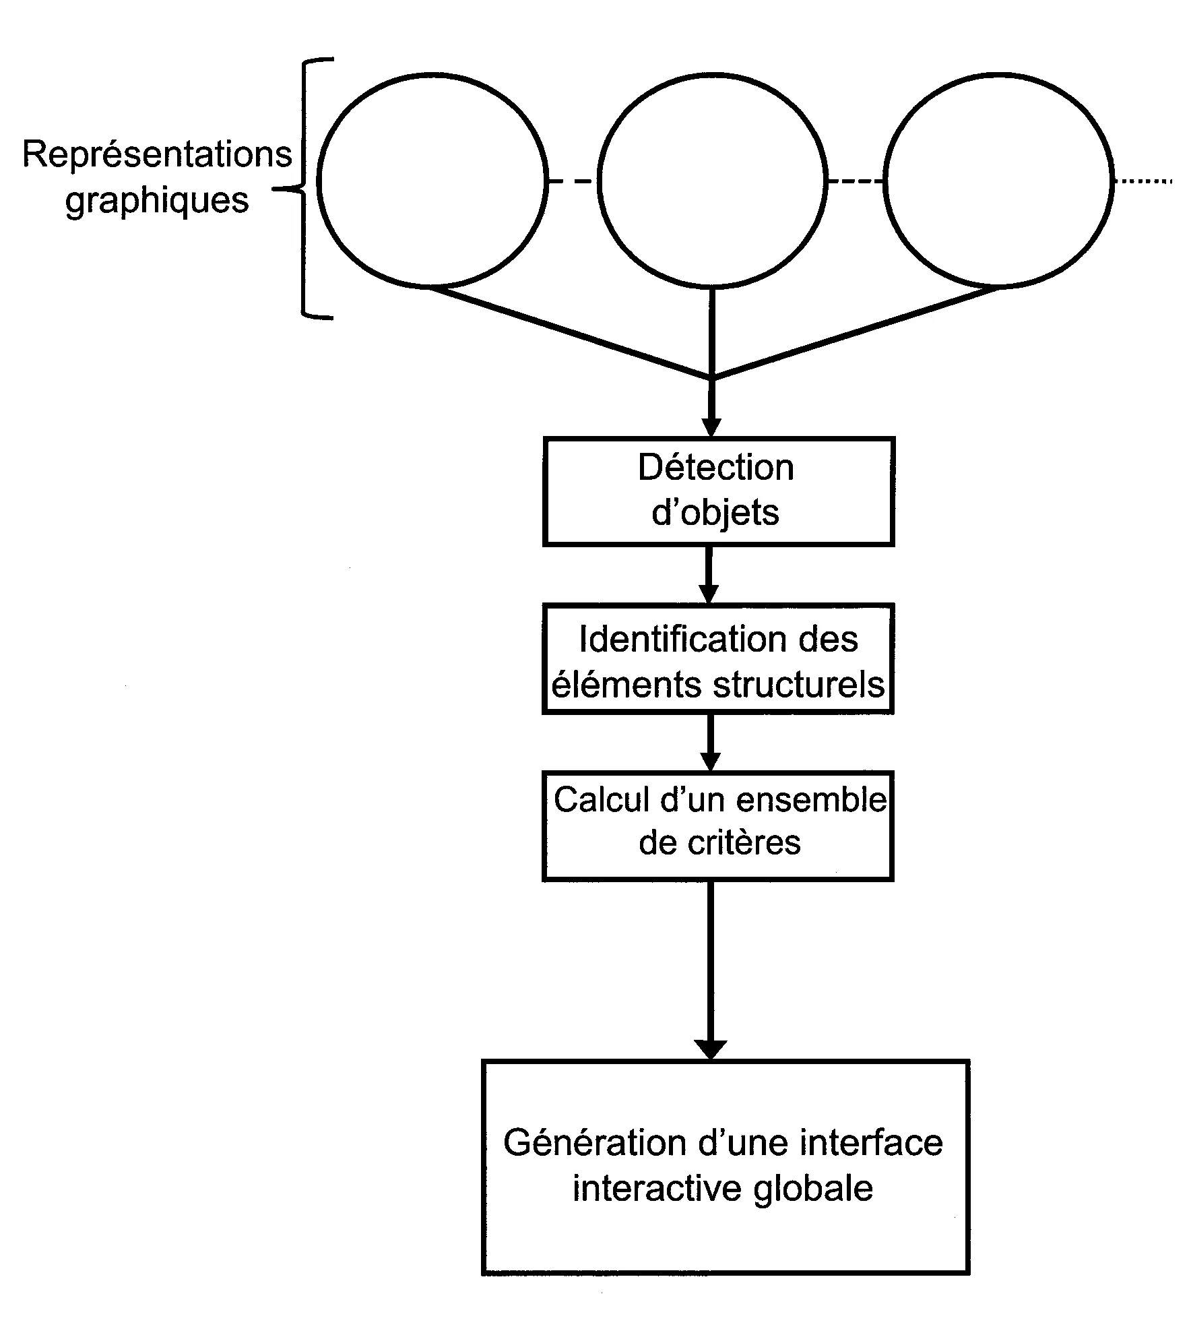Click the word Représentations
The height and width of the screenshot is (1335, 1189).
coord(157,154)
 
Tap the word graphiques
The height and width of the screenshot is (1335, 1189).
coord(157,200)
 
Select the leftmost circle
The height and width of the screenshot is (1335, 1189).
coord(432,180)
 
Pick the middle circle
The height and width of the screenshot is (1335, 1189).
coord(712,180)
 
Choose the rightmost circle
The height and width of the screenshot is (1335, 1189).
coord(998,180)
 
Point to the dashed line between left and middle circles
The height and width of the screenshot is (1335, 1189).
coord(571,181)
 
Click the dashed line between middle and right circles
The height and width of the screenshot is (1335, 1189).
coord(855,181)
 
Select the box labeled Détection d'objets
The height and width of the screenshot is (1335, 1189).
coord(718,491)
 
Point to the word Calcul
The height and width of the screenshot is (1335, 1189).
coord(593,800)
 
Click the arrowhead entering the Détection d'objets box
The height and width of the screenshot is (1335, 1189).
coord(711,428)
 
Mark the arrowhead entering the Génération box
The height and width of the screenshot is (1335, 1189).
coord(711,1049)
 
